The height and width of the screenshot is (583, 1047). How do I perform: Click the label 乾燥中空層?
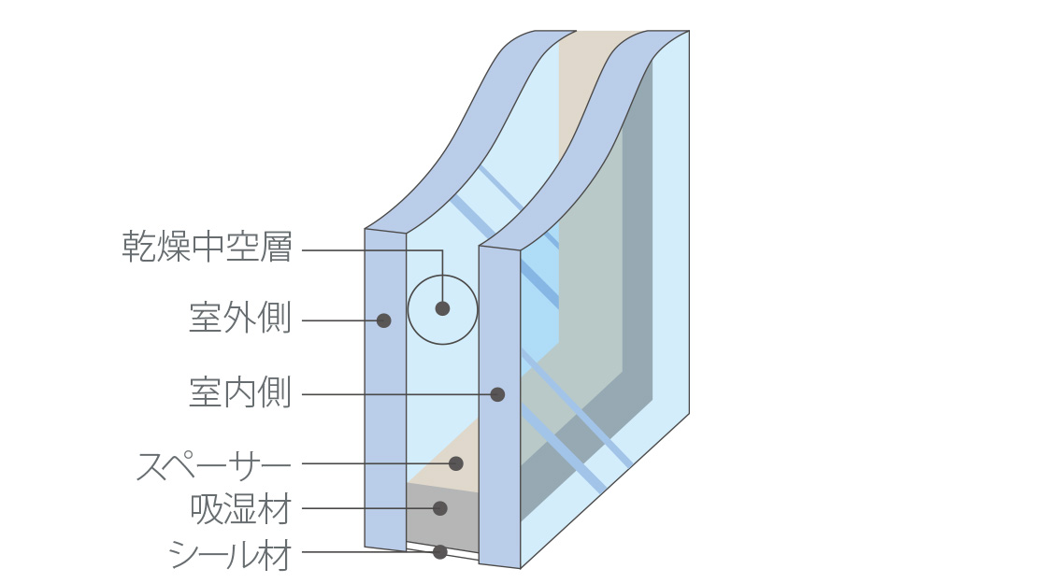point(207,249)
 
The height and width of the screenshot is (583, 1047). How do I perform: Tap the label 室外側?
point(240,320)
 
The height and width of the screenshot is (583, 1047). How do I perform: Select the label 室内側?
point(240,393)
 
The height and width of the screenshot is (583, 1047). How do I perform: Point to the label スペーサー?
point(214,464)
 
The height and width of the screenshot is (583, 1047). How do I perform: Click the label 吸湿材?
point(240,509)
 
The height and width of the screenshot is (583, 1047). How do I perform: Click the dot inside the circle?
point(442,308)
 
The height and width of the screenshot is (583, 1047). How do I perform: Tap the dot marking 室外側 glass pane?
point(383,320)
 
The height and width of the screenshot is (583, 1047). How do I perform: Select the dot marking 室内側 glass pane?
point(497,394)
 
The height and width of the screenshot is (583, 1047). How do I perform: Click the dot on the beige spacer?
point(456,463)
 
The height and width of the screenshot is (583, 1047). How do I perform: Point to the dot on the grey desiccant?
point(440,508)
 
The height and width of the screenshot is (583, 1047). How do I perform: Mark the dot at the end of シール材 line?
point(440,552)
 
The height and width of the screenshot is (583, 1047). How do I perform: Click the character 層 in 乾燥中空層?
point(276,249)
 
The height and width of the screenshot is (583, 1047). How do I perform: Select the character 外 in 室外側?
point(240,320)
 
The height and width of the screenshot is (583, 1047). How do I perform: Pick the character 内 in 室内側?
point(240,393)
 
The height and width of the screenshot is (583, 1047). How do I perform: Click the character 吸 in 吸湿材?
point(206,509)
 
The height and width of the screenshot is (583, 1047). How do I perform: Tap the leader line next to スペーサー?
point(374,463)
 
